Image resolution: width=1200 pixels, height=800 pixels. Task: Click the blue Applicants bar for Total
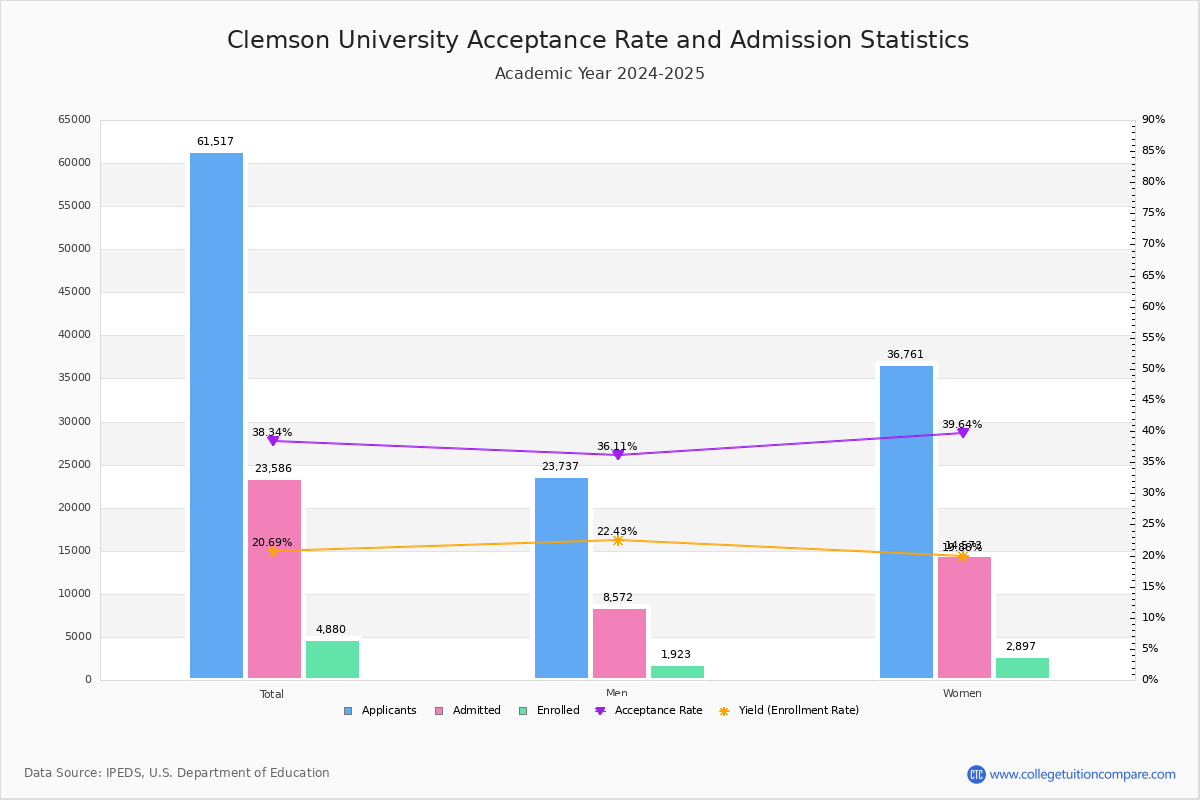(x=216, y=415)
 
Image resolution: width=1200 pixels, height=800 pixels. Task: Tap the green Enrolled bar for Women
(x=1022, y=668)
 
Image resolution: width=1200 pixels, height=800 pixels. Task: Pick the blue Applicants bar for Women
(x=906, y=521)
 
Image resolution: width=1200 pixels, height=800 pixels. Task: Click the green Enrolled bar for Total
(x=332, y=659)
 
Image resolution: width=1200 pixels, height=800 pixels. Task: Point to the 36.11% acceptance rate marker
(x=617, y=455)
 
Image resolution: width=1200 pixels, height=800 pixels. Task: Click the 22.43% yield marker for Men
(x=617, y=540)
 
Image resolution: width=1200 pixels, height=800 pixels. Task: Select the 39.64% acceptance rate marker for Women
(x=962, y=433)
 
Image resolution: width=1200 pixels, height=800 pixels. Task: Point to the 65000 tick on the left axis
(x=74, y=120)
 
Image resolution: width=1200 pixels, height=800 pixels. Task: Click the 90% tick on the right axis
(x=1153, y=120)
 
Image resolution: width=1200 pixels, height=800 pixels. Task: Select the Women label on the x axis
(x=962, y=694)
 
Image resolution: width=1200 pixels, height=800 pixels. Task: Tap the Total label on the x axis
(x=272, y=694)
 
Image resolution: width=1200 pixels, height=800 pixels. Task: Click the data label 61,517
(x=215, y=142)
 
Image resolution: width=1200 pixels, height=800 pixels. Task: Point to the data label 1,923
(x=676, y=655)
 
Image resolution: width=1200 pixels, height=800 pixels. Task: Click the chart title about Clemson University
(x=598, y=41)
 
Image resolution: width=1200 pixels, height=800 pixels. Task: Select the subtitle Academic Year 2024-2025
(x=600, y=74)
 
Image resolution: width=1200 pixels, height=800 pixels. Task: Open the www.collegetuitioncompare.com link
(x=1082, y=774)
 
